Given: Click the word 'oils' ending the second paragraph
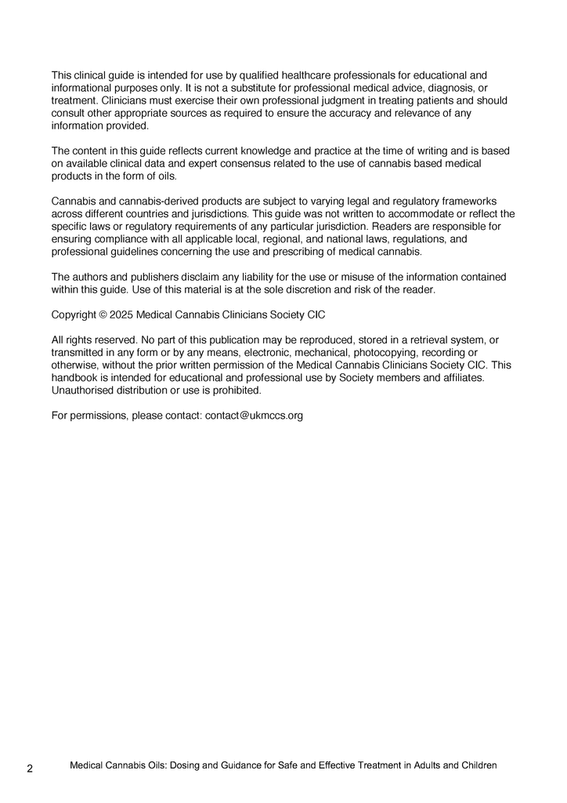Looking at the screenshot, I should [x=165, y=176].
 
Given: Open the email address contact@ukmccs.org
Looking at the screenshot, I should [x=254, y=416].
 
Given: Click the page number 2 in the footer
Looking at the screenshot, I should [x=30, y=768].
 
